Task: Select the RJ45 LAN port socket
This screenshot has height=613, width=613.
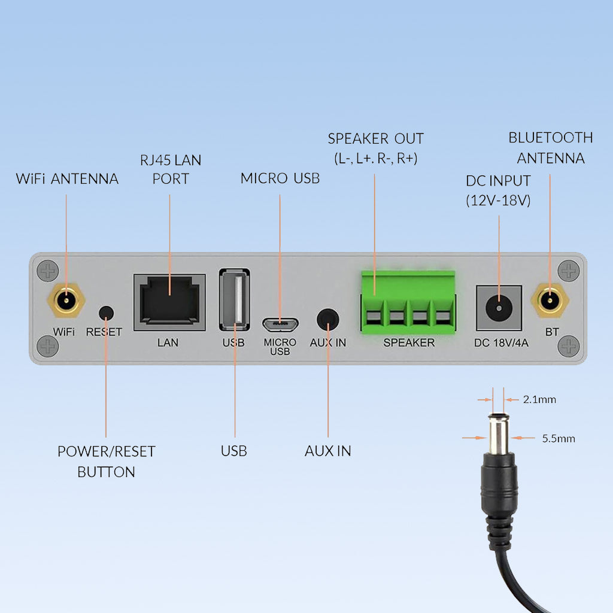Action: [x=169, y=303]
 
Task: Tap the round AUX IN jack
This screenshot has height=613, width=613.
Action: [x=327, y=318]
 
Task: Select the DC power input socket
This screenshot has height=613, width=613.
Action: [x=499, y=308]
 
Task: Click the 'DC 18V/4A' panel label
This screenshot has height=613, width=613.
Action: [x=499, y=343]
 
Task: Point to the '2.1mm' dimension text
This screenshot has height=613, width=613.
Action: [x=539, y=399]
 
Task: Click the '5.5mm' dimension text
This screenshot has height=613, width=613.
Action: [x=558, y=438]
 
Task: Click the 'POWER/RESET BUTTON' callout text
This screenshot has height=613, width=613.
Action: [x=106, y=462]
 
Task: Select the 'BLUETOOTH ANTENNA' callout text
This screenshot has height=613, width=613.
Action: [x=551, y=148]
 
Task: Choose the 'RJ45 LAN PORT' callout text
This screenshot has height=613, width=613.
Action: [x=171, y=169]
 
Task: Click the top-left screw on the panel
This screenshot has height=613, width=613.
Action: [x=48, y=271]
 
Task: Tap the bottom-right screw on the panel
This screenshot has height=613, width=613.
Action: [x=568, y=346]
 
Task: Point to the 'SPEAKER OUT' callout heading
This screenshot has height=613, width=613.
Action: [x=375, y=139]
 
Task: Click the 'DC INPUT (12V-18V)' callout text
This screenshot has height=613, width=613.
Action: [x=498, y=190]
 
